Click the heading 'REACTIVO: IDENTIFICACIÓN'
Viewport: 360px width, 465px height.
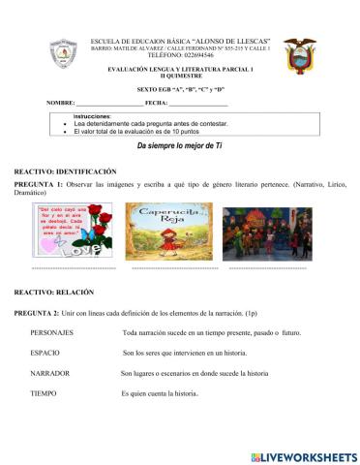point(65,170)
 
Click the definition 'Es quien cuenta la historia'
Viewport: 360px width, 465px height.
point(160,393)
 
